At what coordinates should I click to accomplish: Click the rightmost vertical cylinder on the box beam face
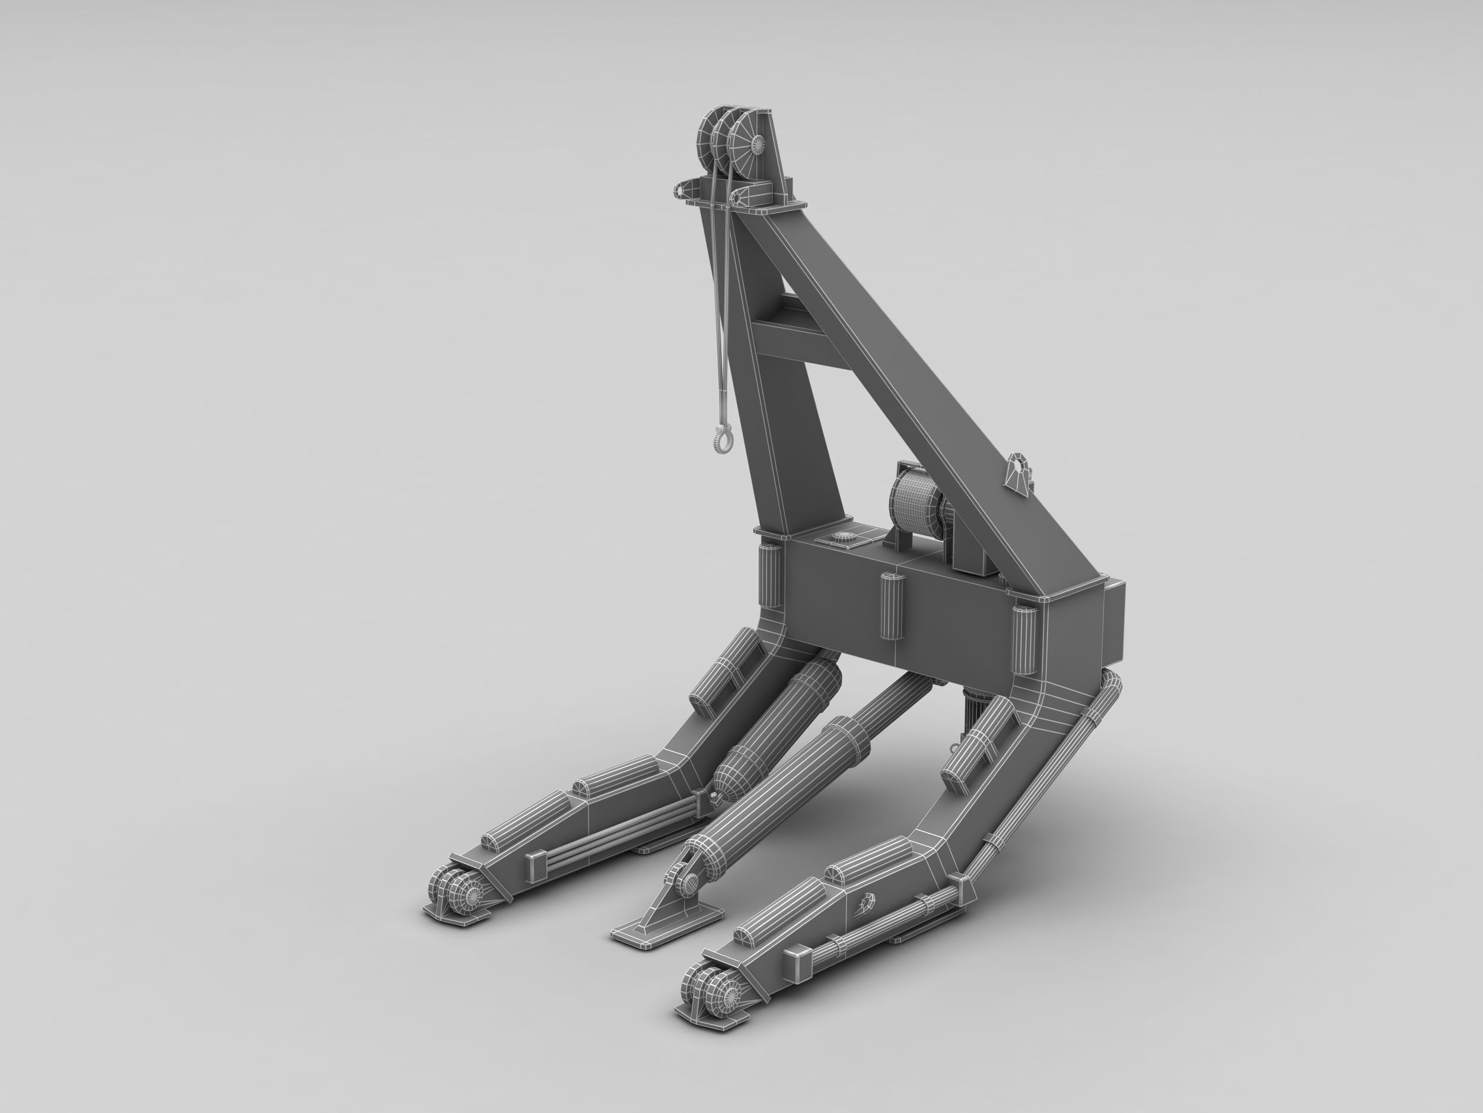(1024, 638)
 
